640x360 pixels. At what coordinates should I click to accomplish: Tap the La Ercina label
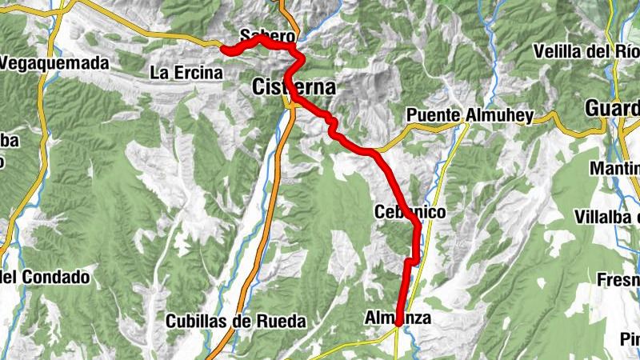[186, 73]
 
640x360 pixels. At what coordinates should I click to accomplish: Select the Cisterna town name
[294, 86]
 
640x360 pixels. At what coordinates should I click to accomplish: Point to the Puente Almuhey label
[470, 116]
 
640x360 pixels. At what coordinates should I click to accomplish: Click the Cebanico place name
[408, 212]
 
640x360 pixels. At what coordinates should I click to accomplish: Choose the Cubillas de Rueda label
[236, 322]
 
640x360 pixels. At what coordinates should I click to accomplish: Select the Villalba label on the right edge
[608, 218]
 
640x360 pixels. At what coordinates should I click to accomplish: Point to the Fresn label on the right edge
[618, 280]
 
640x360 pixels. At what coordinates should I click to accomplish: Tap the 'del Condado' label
[45, 278]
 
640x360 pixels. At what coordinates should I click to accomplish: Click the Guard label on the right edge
[613, 108]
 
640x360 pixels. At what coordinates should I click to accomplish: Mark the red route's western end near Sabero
[226, 51]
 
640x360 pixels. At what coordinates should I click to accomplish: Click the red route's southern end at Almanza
[398, 323]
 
